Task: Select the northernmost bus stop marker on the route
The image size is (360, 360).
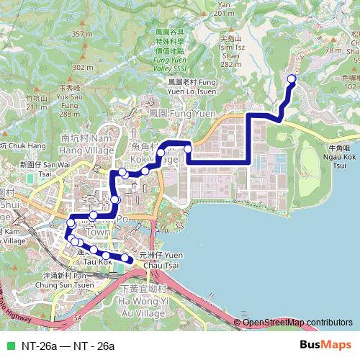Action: click(x=292, y=79)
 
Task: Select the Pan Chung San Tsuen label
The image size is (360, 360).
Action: click(x=68, y=280)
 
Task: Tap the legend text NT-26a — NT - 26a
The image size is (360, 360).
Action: click(x=68, y=346)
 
